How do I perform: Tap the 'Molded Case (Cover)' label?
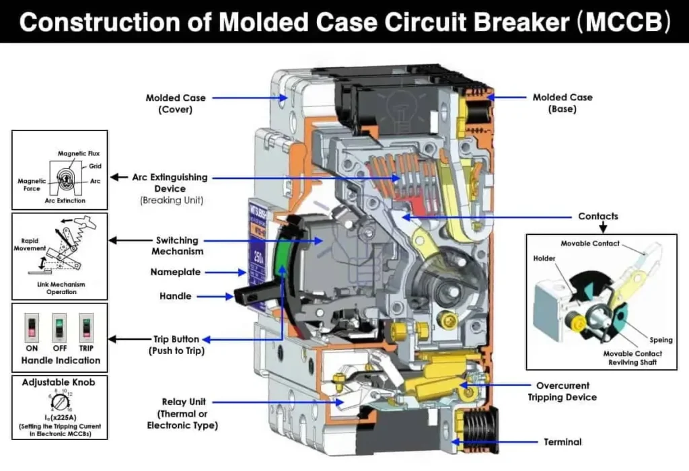point(176,104)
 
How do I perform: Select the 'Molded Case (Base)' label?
point(563,103)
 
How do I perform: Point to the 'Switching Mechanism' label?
point(177,246)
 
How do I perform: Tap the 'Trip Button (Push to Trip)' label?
point(177,345)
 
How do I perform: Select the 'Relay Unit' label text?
point(182,413)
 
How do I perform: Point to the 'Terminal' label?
point(563,442)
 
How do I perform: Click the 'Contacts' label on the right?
point(597,217)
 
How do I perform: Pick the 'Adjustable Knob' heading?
point(59,382)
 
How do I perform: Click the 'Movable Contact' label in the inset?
point(590,243)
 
